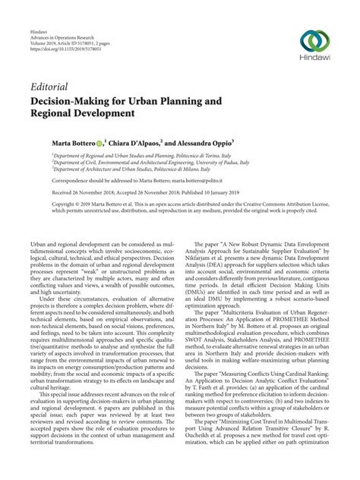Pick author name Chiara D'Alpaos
coord(154,141)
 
